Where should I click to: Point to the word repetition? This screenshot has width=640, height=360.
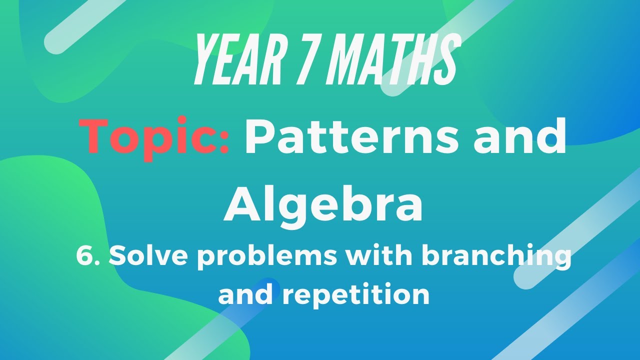(355, 294)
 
